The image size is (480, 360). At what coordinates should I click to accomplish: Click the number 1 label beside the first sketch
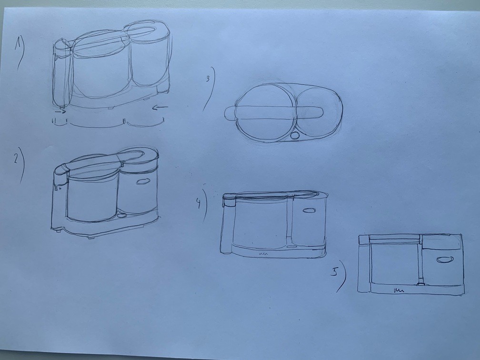click(19, 45)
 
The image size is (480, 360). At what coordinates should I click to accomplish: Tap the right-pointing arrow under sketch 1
click(60, 112)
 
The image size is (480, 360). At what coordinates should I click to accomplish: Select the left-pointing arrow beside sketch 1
click(160, 107)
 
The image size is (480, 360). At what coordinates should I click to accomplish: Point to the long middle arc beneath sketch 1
click(96, 125)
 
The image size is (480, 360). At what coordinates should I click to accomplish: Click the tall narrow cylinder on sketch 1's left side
click(62, 73)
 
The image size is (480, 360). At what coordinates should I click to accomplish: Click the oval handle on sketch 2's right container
click(143, 182)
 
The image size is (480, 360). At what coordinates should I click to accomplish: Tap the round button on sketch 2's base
click(122, 215)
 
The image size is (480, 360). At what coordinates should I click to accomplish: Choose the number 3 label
click(208, 79)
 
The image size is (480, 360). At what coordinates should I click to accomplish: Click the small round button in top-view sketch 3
click(295, 135)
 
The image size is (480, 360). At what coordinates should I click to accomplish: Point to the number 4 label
click(199, 203)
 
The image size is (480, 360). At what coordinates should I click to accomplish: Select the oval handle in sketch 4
click(309, 210)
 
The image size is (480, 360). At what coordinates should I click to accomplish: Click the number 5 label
click(335, 272)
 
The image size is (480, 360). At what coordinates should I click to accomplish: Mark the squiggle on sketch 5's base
click(399, 290)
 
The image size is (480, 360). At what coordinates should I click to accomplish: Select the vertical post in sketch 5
click(420, 260)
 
